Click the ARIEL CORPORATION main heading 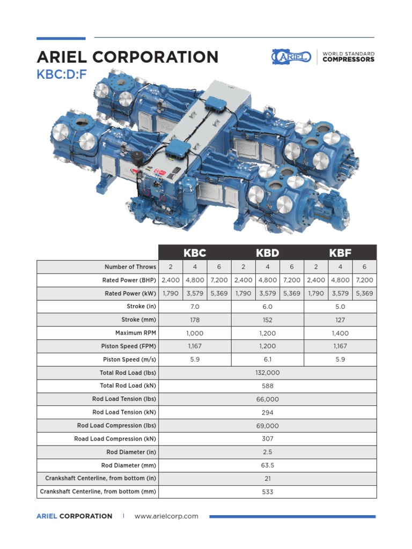click(x=127, y=57)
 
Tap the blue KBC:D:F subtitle click(x=62, y=75)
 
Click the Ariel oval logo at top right click(x=291, y=56)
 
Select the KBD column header click(x=267, y=253)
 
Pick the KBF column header click(x=340, y=253)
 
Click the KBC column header click(x=195, y=253)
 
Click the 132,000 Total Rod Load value click(x=268, y=373)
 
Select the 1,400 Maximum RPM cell click(x=340, y=333)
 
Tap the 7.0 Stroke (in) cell click(x=195, y=307)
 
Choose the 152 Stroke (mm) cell click(x=268, y=320)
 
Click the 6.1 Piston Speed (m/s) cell click(x=268, y=359)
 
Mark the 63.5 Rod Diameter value click(x=268, y=465)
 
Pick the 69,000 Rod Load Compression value click(x=268, y=426)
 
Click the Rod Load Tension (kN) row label click(x=124, y=412)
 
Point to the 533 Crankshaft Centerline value click(x=268, y=492)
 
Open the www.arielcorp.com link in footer click(x=166, y=516)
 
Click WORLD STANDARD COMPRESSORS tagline click(x=348, y=57)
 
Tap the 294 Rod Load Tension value click(x=268, y=412)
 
